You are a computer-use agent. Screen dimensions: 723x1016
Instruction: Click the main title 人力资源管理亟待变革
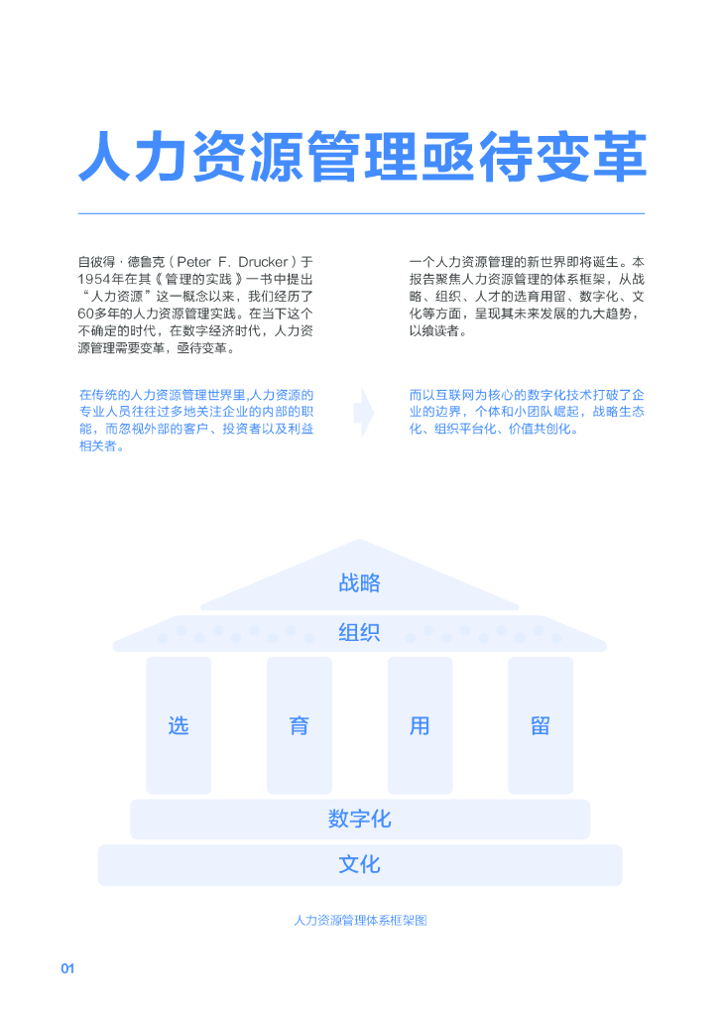(362, 158)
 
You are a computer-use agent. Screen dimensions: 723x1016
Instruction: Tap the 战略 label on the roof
(359, 583)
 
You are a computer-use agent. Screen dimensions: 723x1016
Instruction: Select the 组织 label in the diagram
(359, 632)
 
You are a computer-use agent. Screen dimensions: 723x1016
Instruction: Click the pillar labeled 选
(179, 725)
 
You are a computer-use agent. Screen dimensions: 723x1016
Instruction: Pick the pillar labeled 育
(300, 725)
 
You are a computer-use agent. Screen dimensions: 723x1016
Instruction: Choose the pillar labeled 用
(420, 725)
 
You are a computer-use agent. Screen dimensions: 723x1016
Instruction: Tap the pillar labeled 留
(541, 725)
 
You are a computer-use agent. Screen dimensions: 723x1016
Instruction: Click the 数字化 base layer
(359, 820)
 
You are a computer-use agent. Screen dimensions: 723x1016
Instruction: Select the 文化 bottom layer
(359, 864)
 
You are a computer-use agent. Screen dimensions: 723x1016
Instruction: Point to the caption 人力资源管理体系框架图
(360, 921)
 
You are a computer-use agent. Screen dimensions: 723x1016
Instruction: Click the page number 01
(67, 968)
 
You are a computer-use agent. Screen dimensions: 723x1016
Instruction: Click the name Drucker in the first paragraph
(263, 261)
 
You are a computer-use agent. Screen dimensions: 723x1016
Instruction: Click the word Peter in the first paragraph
(194, 261)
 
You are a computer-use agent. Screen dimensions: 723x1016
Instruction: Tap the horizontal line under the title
(362, 213)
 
